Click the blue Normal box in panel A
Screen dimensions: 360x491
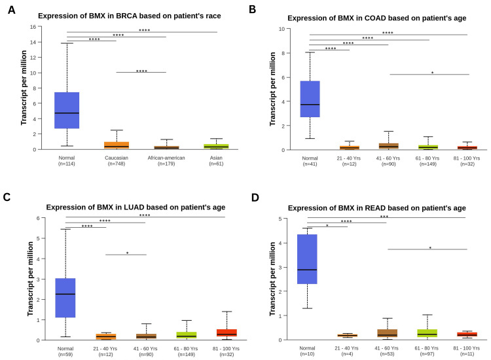[x=66, y=110]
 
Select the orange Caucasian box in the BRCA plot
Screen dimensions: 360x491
[x=117, y=145]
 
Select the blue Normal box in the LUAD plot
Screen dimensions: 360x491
[x=66, y=298]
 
